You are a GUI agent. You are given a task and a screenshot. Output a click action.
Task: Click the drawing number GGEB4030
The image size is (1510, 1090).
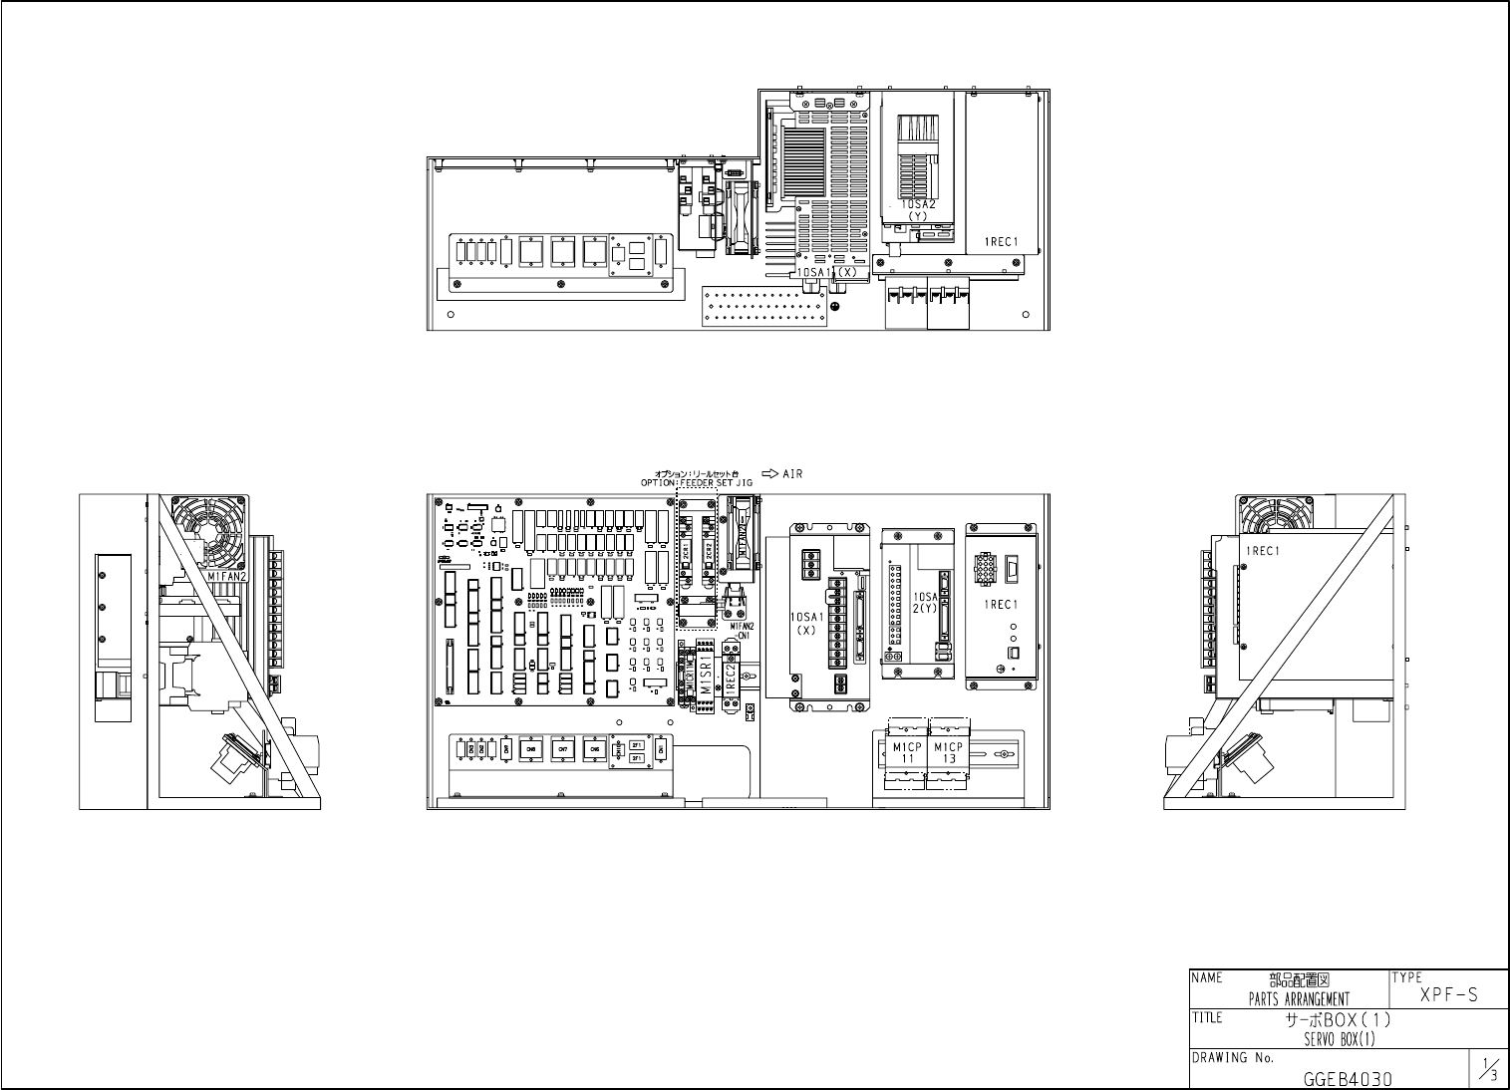click(x=1348, y=1078)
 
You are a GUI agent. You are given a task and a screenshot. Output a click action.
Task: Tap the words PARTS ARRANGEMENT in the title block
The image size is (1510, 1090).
click(x=1299, y=999)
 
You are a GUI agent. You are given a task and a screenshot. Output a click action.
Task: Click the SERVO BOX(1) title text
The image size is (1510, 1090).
click(x=1339, y=1038)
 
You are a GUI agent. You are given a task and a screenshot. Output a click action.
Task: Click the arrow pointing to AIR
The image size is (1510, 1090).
click(x=769, y=474)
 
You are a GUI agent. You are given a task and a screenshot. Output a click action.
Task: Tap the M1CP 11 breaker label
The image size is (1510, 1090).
click(x=907, y=752)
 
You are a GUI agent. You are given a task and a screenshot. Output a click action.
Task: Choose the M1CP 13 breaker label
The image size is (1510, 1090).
click(x=948, y=752)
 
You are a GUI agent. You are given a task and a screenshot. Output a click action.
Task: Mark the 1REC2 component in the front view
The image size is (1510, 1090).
click(x=730, y=681)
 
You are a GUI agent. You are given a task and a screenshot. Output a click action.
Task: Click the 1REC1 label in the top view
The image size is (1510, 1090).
click(x=1001, y=241)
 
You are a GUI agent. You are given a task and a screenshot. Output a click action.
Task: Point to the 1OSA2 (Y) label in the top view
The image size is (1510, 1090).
click(x=919, y=209)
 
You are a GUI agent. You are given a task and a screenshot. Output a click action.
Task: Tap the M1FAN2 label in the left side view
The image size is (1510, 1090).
click(x=227, y=576)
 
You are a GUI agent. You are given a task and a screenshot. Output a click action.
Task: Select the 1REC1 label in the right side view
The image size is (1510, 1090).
click(x=1262, y=551)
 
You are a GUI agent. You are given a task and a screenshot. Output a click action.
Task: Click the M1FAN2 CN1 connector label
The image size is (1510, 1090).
click(x=742, y=632)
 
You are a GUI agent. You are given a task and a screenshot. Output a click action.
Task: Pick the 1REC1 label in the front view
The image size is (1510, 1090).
click(x=1001, y=605)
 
